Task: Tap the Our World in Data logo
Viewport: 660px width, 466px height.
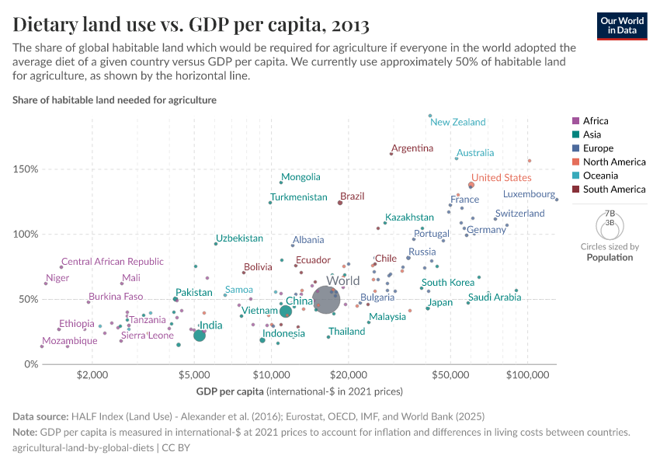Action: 622,25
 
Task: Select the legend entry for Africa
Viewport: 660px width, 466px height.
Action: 595,121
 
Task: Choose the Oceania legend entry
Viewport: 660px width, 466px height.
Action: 599,176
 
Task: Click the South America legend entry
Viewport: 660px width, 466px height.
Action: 613,190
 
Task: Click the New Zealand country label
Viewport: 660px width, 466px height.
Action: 457,122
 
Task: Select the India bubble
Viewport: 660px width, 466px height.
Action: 200,335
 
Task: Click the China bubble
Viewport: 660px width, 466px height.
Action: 286,311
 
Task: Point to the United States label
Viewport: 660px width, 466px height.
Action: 501,178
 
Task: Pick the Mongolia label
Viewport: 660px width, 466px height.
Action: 300,177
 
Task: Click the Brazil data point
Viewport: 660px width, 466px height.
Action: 340,203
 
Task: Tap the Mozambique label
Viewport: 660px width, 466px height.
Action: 70,341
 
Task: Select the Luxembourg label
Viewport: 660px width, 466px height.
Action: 529,194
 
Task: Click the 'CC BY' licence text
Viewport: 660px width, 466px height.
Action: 178,447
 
